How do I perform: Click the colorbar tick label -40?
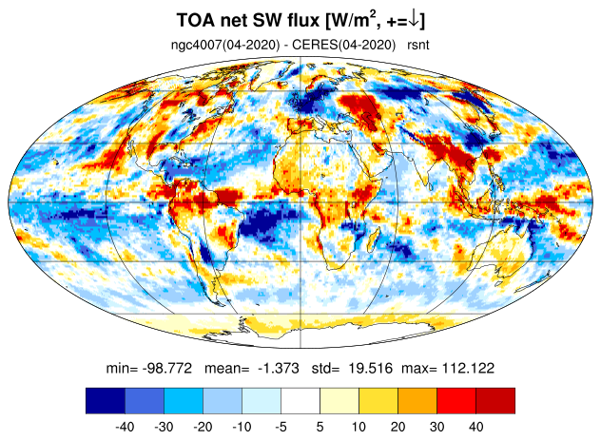125,427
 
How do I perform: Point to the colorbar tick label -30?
164,427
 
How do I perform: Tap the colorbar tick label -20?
203,427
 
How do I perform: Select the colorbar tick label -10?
242,427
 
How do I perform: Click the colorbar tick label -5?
281,427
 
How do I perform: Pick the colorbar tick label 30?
436,427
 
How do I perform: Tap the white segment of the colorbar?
300,400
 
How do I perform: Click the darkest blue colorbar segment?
106,400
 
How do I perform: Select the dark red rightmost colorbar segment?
495,400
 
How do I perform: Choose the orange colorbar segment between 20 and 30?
417,400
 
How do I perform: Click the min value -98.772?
166,369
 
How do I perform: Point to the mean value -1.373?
279,369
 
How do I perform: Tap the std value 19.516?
370,369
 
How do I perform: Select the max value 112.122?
468,369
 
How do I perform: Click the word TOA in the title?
196,20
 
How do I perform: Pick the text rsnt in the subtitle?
418,45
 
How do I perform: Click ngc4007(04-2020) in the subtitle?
225,46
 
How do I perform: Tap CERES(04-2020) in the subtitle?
344,46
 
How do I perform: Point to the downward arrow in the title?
414,20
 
